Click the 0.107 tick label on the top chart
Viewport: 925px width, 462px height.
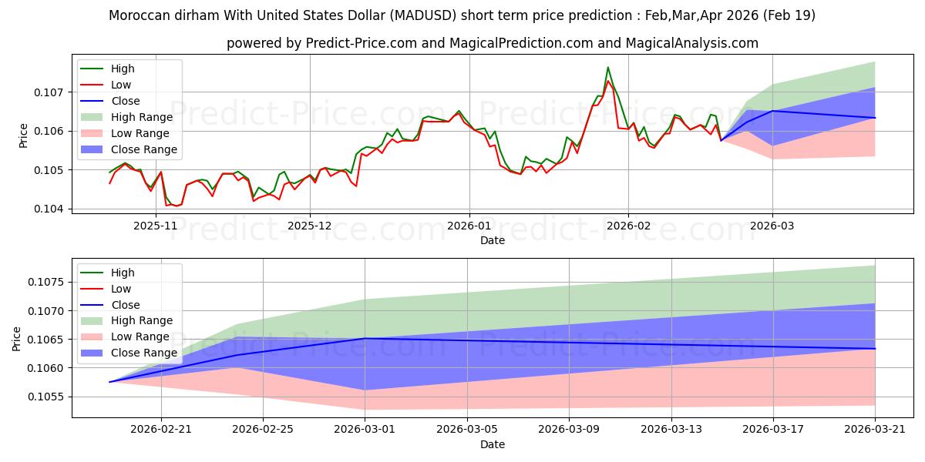coord(48,92)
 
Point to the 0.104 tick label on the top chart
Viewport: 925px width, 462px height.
coord(48,209)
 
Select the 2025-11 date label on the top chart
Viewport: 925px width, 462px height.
coord(155,226)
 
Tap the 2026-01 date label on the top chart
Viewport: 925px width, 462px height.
coord(469,226)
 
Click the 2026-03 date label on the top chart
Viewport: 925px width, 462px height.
coord(772,226)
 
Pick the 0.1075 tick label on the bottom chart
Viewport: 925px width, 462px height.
coord(45,282)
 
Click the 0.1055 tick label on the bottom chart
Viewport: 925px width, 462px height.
coord(45,397)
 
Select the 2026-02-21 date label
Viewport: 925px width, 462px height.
coord(161,430)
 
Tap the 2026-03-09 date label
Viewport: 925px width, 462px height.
coord(569,430)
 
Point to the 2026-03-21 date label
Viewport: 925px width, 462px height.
coord(875,430)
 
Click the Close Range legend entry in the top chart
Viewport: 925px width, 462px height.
coord(129,149)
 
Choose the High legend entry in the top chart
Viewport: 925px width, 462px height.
coord(107,69)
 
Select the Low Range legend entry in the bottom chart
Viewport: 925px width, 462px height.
coord(125,336)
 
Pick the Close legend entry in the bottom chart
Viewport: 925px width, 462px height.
coord(109,305)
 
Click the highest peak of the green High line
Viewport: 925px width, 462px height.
coord(608,67)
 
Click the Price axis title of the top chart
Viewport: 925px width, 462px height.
coord(24,136)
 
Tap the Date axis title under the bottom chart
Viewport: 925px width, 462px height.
coord(493,444)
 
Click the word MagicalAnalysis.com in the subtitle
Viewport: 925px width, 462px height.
coord(691,43)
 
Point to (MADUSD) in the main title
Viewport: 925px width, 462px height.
coord(423,15)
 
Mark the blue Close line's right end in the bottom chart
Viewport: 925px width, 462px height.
coord(875,349)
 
